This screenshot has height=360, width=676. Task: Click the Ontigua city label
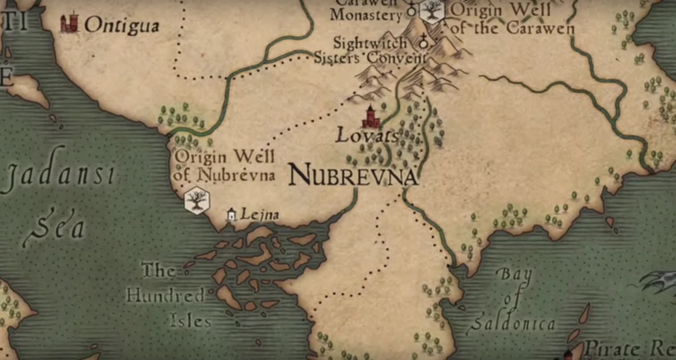coord(122,25)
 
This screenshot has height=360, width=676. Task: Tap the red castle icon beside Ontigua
coord(69,23)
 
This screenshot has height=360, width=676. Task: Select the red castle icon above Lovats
coord(371,117)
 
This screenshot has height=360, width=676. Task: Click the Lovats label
coord(367,136)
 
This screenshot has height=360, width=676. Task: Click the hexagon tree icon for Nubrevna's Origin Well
coord(197,201)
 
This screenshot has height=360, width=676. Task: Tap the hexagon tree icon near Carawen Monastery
coord(432,10)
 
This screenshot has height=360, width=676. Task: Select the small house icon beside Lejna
coord(230,214)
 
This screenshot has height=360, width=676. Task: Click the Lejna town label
coord(260,214)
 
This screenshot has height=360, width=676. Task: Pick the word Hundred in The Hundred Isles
coord(165,295)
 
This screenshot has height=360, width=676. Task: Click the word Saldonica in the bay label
coord(512,324)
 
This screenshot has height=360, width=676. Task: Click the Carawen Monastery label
coord(366,11)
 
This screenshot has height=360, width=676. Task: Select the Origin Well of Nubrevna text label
coord(225,166)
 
